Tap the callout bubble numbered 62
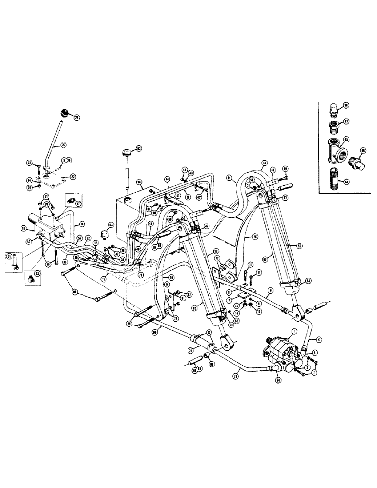(139, 148)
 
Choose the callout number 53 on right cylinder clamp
(309, 281)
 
